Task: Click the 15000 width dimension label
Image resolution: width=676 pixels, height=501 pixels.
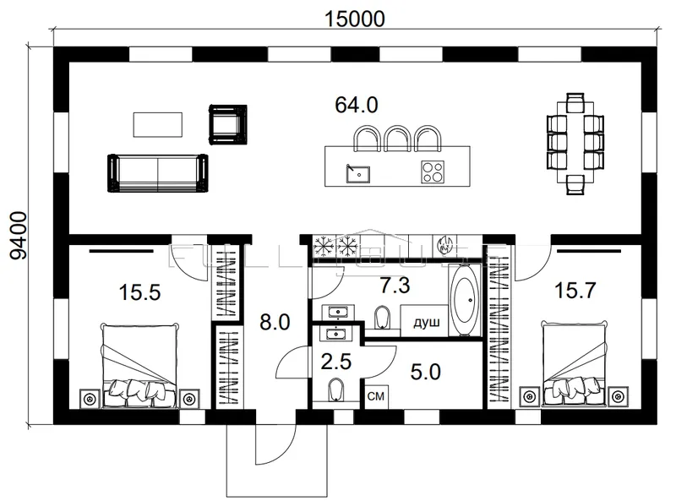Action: [x=354, y=19]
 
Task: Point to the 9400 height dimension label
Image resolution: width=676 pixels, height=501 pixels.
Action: [x=19, y=236]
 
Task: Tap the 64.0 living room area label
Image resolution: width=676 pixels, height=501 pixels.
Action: [x=357, y=105]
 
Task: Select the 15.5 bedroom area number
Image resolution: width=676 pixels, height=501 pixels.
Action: [x=139, y=292]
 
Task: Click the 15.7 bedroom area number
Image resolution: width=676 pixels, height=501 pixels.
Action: [x=575, y=290]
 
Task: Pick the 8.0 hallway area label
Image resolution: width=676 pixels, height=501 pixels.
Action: [x=275, y=322]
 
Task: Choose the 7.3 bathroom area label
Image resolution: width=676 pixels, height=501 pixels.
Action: [x=395, y=286]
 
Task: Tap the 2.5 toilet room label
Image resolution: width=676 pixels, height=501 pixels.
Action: [x=336, y=362]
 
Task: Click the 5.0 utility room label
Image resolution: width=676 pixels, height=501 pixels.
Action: [x=426, y=372]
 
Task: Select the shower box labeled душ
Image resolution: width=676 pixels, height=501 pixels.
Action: [x=424, y=320]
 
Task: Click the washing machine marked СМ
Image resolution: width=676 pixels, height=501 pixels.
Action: [x=376, y=395]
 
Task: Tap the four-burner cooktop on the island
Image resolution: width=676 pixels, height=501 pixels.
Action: [x=433, y=172]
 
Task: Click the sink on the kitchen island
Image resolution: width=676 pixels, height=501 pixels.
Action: [x=357, y=174]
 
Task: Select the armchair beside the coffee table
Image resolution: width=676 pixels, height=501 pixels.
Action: [x=228, y=124]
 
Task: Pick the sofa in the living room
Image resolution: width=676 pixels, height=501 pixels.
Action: [x=158, y=173]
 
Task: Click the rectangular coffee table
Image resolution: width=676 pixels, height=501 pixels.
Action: [x=158, y=125]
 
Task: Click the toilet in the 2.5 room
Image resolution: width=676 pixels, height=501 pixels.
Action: [x=335, y=389]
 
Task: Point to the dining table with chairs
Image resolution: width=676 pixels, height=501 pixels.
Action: [x=575, y=144]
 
